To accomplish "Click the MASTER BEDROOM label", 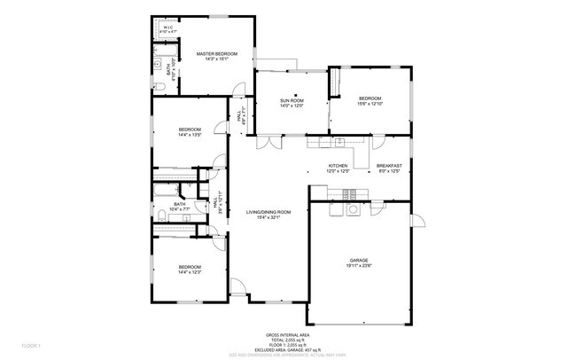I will tap(216, 53).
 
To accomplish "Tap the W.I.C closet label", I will tap(167, 27).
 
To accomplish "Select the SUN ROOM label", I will tap(292, 101).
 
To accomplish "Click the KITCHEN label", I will tap(338, 166).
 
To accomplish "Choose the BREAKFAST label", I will tap(389, 166).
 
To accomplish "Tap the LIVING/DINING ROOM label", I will tap(269, 212).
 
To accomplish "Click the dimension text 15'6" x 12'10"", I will tap(370, 104).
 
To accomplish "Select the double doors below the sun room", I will tap(271, 140).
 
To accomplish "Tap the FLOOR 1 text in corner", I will tap(32, 343).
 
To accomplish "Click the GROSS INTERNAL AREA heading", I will tap(287, 334).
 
